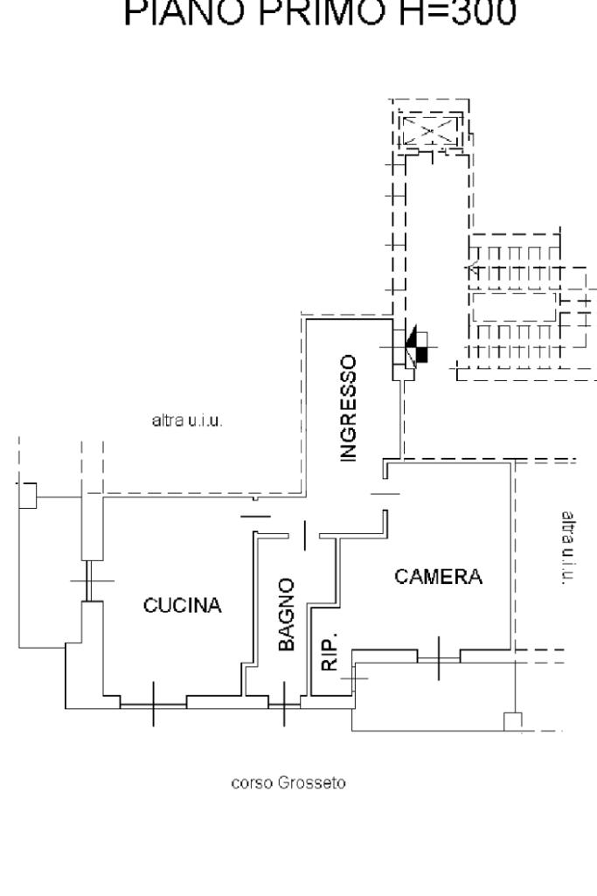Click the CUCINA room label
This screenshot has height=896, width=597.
(183, 606)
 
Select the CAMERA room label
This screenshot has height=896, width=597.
(438, 577)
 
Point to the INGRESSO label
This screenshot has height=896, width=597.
(349, 407)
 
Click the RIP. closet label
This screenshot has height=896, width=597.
(329, 651)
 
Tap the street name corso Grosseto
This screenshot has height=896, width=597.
(288, 783)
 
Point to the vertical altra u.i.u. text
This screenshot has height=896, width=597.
(566, 549)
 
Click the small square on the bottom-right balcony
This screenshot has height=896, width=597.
(513, 721)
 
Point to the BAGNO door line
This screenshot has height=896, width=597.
(304, 535)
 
